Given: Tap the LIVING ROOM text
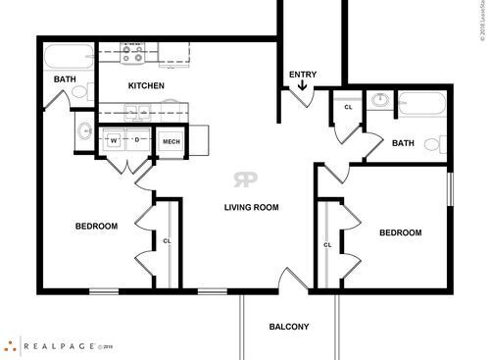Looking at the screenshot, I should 252,207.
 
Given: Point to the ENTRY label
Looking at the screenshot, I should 302,75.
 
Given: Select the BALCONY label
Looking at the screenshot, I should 289,327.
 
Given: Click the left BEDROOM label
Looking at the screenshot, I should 96,227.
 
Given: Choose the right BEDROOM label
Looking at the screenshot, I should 400,232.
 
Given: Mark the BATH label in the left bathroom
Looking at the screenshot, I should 66,79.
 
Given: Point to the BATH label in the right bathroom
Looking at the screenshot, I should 403,143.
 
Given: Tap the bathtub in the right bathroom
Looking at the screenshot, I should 424,103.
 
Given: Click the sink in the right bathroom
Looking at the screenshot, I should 378,101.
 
